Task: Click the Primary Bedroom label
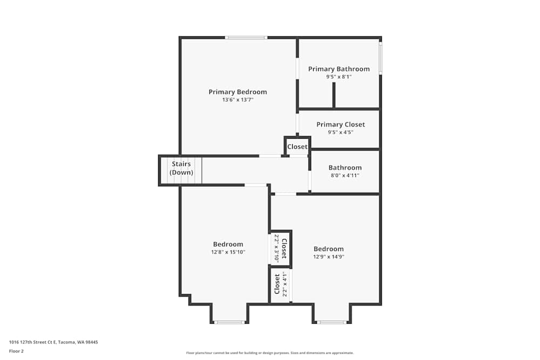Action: pyautogui.click(x=238, y=92)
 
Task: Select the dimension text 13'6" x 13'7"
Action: pyautogui.click(x=238, y=100)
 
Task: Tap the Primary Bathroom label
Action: pyautogui.click(x=339, y=69)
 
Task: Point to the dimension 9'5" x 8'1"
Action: pyautogui.click(x=339, y=77)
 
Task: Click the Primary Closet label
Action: pyautogui.click(x=341, y=125)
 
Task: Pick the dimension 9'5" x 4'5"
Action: pyautogui.click(x=341, y=132)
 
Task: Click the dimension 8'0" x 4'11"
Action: pyautogui.click(x=345, y=175)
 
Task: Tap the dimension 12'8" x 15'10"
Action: pyautogui.click(x=228, y=252)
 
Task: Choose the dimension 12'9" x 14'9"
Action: pyautogui.click(x=329, y=257)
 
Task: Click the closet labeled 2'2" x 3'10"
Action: pyautogui.click(x=281, y=248)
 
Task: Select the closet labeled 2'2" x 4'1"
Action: pyautogui.click(x=281, y=284)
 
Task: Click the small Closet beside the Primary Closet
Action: pyautogui.click(x=297, y=147)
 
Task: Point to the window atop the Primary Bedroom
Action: pyautogui.click(x=246, y=37)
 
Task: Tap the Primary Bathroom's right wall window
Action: pyautogui.click(x=380, y=58)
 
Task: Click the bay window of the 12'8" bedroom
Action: pyautogui.click(x=230, y=322)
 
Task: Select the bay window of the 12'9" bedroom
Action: pyautogui.click(x=332, y=322)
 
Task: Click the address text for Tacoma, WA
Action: pyautogui.click(x=53, y=342)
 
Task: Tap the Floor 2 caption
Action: pyautogui.click(x=16, y=351)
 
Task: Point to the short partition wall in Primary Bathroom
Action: pyautogui.click(x=334, y=95)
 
